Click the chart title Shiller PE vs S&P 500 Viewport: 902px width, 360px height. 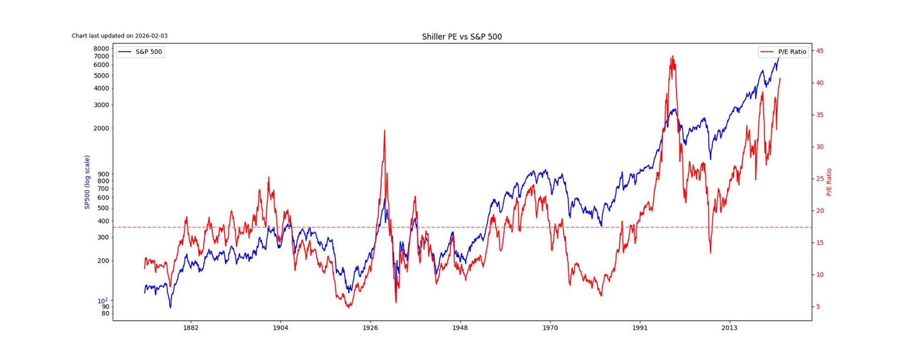coord(462,37)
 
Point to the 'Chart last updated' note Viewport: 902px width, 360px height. coord(119,36)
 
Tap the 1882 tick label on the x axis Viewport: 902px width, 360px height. coord(191,327)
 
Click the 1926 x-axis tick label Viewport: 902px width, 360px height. coord(371,327)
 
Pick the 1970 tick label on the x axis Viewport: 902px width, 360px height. coord(550,327)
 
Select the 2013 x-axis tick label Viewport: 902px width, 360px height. coord(729,327)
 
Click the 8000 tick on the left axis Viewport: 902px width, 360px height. coord(102,49)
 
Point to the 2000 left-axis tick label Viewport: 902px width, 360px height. coord(102,128)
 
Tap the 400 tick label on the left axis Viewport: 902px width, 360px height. coord(103,221)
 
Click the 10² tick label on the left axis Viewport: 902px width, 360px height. coord(103,300)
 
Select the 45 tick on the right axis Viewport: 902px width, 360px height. coord(820,51)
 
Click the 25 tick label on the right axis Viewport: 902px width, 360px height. coord(820,179)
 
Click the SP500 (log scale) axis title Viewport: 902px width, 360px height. coord(87,182)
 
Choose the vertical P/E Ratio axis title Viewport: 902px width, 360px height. coord(829,182)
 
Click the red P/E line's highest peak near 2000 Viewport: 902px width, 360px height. coord(672,57)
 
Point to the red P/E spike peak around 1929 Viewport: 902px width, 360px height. coord(385,131)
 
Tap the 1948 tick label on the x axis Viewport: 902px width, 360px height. coord(460,327)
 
